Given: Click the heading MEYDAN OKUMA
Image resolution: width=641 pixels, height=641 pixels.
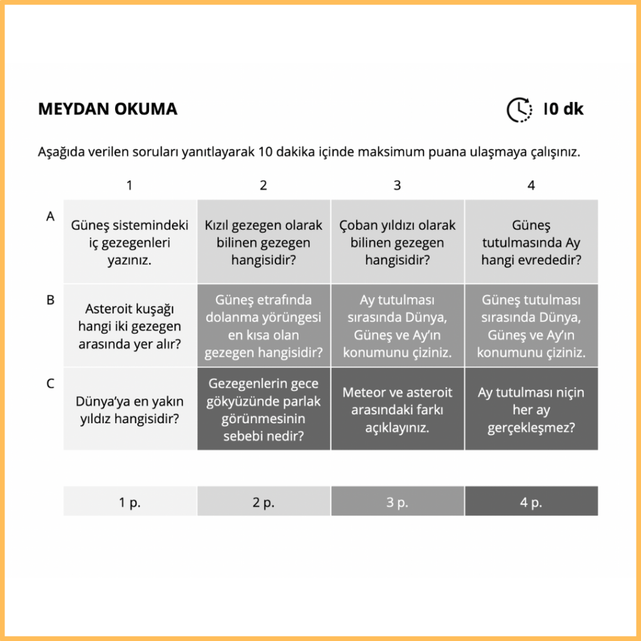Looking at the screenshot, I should tap(108, 109).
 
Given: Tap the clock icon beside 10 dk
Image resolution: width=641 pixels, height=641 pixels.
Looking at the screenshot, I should tap(519, 110).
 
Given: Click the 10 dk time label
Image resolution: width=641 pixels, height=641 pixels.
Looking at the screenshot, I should tap(563, 109).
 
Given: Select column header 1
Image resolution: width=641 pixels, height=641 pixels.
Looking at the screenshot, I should tap(130, 185).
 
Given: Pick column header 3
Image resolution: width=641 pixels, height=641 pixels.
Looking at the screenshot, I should tap(397, 185).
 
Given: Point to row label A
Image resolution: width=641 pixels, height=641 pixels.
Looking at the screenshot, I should tap(51, 216).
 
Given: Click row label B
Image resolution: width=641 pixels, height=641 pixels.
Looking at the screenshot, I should tap(51, 300).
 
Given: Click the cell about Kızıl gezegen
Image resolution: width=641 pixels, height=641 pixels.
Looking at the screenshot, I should tap(264, 242).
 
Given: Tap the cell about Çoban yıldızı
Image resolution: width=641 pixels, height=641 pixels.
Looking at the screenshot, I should tap(397, 242).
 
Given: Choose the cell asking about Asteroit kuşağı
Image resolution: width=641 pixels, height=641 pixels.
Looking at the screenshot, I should tap(130, 326).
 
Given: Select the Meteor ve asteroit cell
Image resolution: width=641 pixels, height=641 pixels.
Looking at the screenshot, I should tap(397, 409).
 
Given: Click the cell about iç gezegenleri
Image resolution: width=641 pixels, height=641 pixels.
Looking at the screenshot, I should tap(130, 242).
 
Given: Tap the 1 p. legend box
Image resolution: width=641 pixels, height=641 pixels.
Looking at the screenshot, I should tap(130, 502).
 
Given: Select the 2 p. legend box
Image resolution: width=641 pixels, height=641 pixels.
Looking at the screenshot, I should tap(264, 502).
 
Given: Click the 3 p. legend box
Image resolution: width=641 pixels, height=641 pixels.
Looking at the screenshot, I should tap(397, 502).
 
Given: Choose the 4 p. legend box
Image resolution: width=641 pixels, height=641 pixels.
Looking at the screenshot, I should tap(531, 502).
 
